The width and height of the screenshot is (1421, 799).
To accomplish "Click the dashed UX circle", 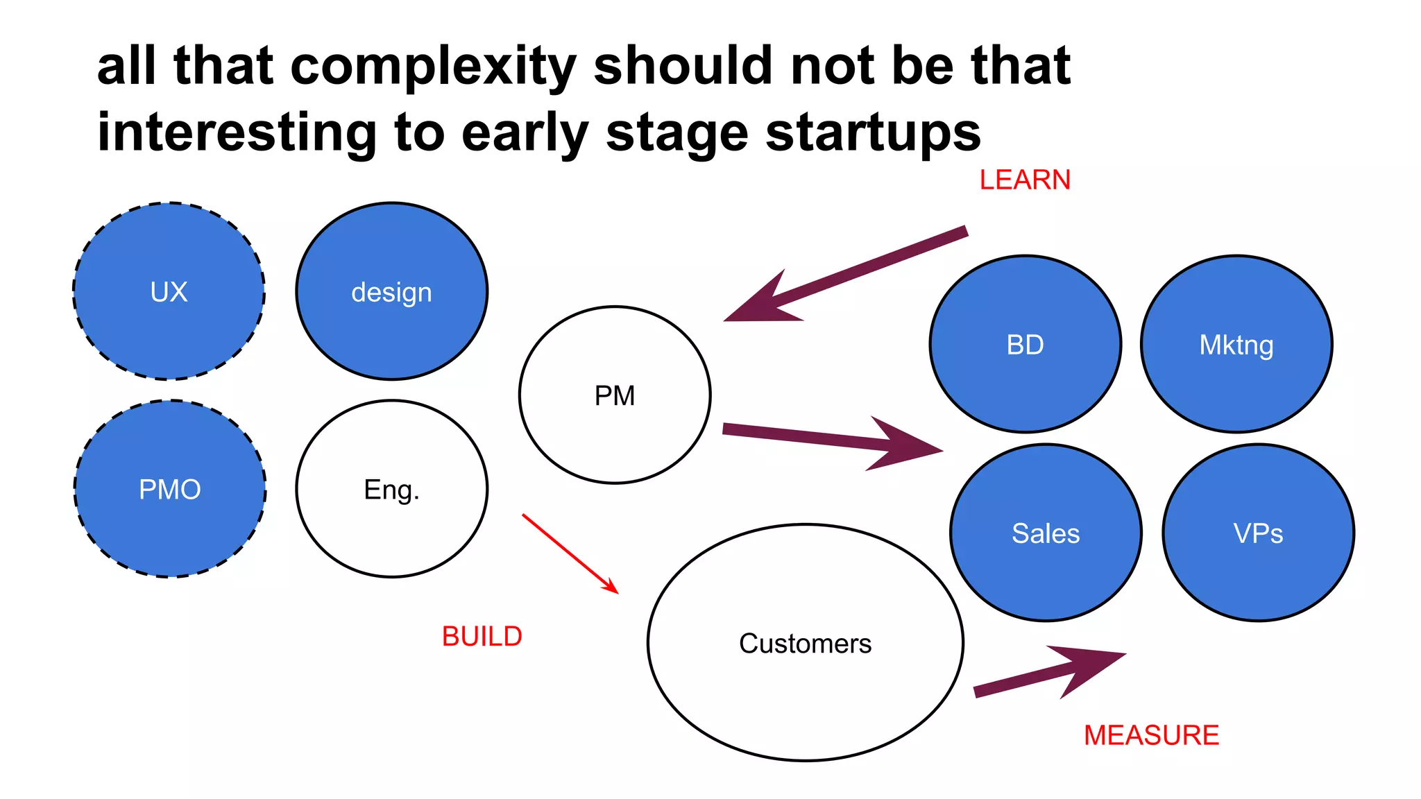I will click(169, 291).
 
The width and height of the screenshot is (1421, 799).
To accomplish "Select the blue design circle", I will click(391, 291).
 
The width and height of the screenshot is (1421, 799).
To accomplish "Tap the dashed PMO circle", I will click(170, 489).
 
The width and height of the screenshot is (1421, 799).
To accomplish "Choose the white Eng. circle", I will click(391, 489).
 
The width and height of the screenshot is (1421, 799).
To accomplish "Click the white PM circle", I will click(615, 395).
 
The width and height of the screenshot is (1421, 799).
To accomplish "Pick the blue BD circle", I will click(1025, 345).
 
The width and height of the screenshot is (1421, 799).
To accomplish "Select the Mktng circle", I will click(1236, 345).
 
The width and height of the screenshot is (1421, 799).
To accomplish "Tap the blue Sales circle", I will click(1046, 533).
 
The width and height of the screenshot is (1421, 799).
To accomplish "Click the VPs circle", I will click(1258, 533).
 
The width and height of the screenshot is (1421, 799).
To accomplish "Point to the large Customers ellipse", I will click(805, 643).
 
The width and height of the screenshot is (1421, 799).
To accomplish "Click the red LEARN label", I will click(1025, 180).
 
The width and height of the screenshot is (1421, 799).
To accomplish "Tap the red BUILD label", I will click(482, 637).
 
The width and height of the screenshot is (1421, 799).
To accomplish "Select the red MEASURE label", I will click(1151, 735).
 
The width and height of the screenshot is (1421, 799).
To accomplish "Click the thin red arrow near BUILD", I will click(569, 553).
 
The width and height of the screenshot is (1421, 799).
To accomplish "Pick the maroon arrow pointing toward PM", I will click(846, 274).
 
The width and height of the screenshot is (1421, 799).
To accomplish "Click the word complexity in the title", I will click(434, 67).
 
